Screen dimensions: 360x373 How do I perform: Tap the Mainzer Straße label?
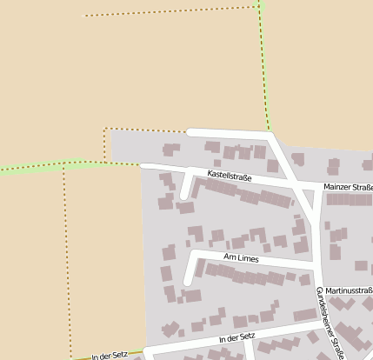[x=348, y=187]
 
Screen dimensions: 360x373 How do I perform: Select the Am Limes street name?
[x=241, y=258]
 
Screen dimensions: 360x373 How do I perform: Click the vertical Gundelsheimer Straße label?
[x=331, y=323]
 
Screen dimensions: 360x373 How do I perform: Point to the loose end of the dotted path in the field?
[x=84, y=16]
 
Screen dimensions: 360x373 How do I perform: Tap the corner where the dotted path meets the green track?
[x=259, y=8]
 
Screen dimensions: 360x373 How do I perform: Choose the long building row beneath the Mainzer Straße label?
[x=349, y=199]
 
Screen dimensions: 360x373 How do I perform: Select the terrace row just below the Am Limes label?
[x=252, y=276]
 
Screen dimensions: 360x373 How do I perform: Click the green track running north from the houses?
[x=264, y=70]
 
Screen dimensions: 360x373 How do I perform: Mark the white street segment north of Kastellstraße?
[x=228, y=132]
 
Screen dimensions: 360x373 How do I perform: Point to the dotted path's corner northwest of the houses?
[x=105, y=130]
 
